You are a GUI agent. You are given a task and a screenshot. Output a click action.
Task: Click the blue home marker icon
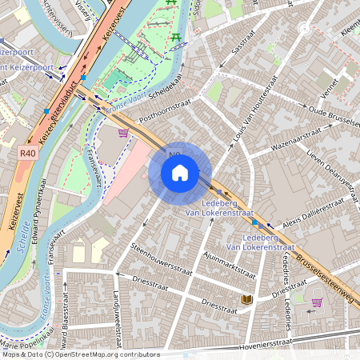pos(180,174)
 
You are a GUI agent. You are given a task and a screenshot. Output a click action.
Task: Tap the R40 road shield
pos(28,152)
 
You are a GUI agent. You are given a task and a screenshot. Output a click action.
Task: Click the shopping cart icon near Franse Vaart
pos(123,134)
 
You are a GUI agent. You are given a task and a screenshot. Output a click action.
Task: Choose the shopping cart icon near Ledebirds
pos(317,302)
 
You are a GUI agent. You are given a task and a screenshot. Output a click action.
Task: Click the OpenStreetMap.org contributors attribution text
pos(104,354)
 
